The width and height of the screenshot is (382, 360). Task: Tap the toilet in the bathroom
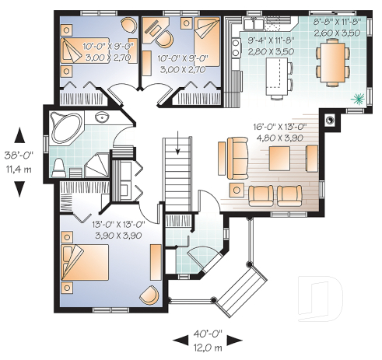point(58,166)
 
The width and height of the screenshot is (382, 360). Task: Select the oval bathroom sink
point(101,117)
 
